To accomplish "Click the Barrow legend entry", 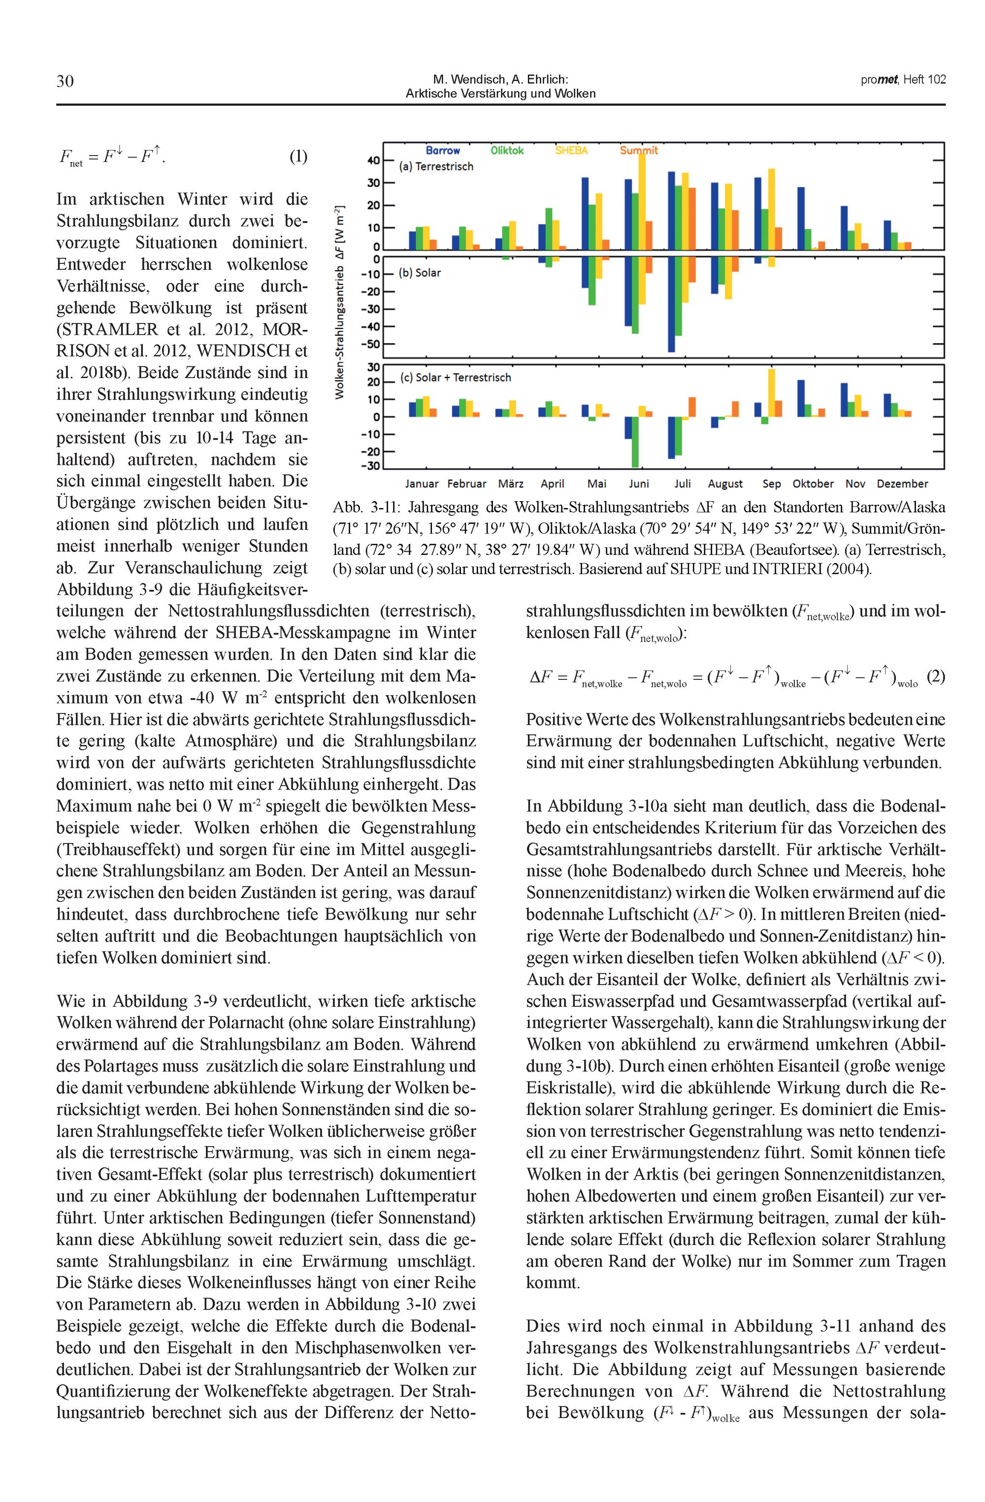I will (443, 150).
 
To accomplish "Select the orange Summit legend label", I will (638, 150).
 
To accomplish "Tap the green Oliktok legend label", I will (507, 150).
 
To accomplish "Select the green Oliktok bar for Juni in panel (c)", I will (635, 442).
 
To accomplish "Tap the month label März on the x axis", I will (510, 484).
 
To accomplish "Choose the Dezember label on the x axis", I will (902, 484).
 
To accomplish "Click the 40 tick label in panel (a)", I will (372, 160).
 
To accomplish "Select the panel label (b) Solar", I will (420, 273).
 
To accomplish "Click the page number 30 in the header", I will (65, 81).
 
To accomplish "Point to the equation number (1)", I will (298, 156).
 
